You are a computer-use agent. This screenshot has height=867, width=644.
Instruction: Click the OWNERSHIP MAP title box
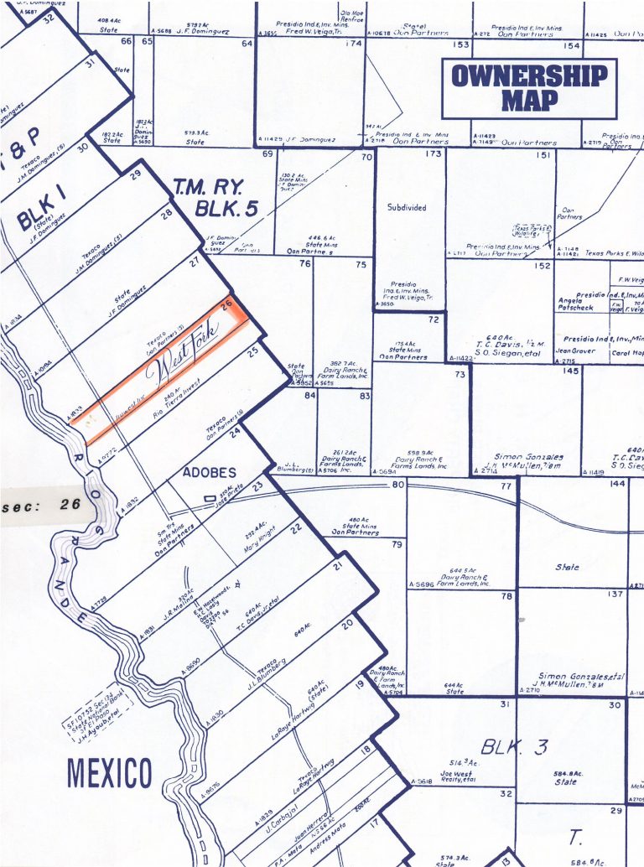(x=529, y=88)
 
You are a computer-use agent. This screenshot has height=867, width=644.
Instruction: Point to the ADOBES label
(x=210, y=471)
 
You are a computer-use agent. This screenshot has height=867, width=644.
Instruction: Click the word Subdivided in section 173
(x=407, y=207)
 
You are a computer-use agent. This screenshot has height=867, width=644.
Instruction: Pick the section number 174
(x=352, y=43)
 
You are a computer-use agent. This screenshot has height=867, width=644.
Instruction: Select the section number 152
(x=543, y=266)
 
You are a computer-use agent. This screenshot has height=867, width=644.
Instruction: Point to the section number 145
(x=570, y=371)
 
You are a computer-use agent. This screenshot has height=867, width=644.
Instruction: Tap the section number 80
(x=397, y=485)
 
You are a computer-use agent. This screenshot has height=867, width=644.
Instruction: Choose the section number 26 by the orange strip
(x=226, y=307)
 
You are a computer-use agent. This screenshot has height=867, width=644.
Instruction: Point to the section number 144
(x=617, y=485)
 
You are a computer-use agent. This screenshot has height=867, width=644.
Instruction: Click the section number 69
(x=268, y=154)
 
